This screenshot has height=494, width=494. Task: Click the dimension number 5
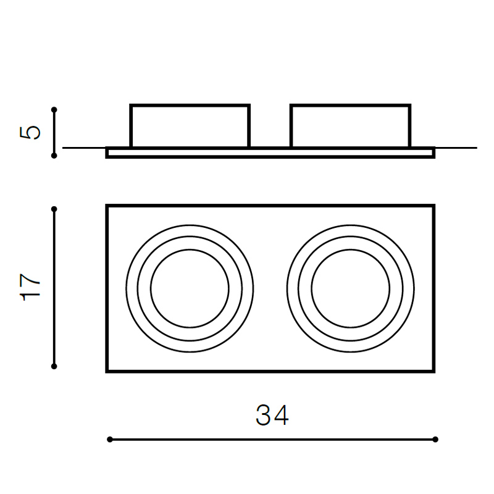30,133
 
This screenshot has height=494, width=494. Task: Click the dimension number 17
30,287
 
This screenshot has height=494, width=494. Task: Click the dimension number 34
272,415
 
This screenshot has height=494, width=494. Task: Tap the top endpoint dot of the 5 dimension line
54,110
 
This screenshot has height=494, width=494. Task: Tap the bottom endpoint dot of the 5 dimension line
54,156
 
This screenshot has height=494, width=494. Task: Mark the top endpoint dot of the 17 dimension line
54,209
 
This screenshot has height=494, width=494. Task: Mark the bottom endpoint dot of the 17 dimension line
54,366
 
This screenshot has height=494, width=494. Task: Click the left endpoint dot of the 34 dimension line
110,440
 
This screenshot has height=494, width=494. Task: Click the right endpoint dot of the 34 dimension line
435,440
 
